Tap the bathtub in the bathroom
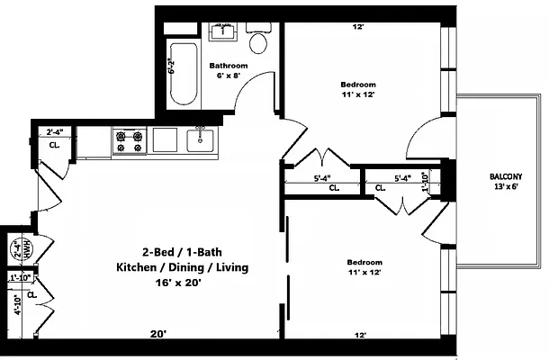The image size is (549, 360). tap(184, 74)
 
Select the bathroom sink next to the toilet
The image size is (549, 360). tap(222, 31)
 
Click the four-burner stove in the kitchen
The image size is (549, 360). tap(130, 140)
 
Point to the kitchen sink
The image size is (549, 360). tap(200, 140)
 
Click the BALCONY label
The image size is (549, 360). tap(506, 176)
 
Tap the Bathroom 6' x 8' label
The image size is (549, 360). tap(229, 70)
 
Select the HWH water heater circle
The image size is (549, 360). tap(22, 248)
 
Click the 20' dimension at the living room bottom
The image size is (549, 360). tap(158, 334)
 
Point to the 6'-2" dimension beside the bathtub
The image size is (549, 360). tap(172, 66)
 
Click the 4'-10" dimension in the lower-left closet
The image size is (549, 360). tap(18, 305)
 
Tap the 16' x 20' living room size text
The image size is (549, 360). tap(178, 283)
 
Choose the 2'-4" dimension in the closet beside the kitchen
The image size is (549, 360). tap(55, 132)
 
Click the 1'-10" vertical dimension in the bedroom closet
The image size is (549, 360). tap(425, 182)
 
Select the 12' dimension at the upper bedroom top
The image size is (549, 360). tap(357, 27)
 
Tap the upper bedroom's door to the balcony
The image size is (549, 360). tap(424, 138)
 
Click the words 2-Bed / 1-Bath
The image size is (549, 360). tap(182, 252)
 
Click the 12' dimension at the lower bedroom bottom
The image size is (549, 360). tap(360, 335)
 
